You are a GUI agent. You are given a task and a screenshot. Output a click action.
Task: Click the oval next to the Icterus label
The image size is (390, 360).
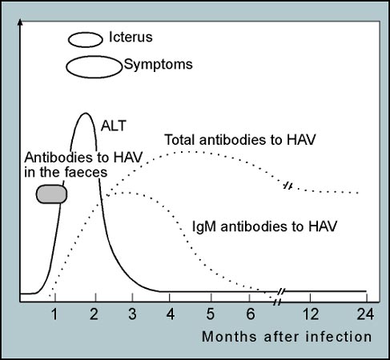(x=86, y=34)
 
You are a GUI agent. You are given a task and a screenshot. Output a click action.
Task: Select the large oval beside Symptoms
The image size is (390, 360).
(x=94, y=57)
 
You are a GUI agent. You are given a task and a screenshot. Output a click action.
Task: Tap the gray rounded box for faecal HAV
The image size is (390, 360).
(x=51, y=194)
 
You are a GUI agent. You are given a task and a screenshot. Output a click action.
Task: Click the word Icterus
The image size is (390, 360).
(x=131, y=37)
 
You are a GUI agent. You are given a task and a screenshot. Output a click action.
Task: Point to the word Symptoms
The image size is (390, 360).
(x=158, y=65)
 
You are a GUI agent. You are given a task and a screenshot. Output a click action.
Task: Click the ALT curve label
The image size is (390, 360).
(x=114, y=126)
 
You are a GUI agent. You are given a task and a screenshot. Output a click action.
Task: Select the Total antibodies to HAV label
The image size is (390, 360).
(x=240, y=140)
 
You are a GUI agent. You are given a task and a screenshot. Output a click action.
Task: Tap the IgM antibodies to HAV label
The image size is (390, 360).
(x=264, y=226)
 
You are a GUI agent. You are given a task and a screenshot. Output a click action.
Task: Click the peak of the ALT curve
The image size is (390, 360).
(x=86, y=114)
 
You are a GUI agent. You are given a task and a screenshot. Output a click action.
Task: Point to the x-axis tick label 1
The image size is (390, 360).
(x=54, y=314)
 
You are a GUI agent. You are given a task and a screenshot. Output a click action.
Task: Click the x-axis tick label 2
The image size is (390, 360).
(x=94, y=314)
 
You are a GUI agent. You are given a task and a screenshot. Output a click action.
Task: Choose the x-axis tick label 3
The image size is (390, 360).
(x=132, y=314)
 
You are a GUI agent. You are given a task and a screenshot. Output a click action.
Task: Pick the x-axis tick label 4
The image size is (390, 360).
(x=171, y=314)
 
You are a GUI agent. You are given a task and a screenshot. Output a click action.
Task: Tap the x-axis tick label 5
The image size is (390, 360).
(x=211, y=314)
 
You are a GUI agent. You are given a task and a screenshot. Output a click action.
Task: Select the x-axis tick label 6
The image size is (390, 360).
(x=251, y=314)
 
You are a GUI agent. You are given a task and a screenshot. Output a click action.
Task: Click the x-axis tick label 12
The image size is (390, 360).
(x=311, y=314)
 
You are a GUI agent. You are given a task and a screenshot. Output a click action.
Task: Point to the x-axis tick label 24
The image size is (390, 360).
(x=365, y=314)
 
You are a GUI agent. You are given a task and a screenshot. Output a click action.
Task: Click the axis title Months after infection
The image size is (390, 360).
(x=287, y=337)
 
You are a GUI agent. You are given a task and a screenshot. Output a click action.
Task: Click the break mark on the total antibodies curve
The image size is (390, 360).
(x=288, y=186)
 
